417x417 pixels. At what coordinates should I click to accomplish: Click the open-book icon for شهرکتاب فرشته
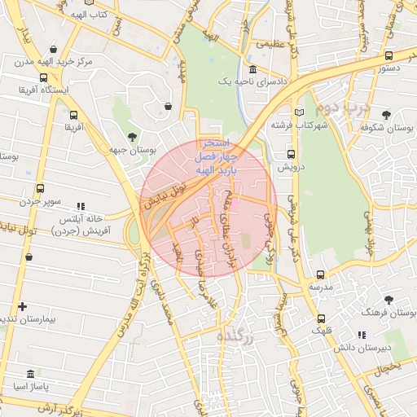click(x=300, y=112)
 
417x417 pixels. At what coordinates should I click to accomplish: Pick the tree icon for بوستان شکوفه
click(x=385, y=114)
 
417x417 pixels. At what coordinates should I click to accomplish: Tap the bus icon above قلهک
click(x=321, y=318)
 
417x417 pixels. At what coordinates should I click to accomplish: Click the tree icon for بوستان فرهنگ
click(x=388, y=300)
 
